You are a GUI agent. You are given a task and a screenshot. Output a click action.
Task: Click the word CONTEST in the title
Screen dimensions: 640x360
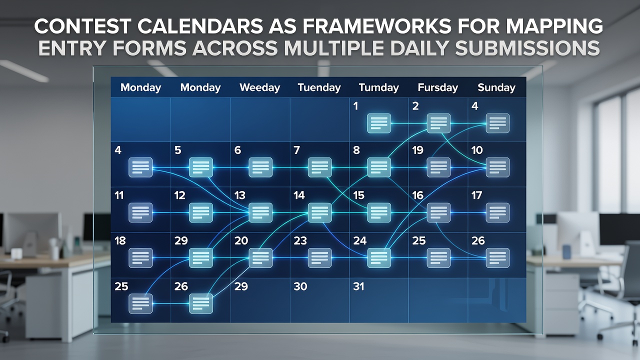pyautogui.click(x=82, y=26)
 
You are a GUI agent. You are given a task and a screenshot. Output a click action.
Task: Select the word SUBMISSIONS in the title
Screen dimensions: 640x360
pyautogui.click(x=527, y=47)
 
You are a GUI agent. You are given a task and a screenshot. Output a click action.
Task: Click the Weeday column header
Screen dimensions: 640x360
pyautogui.click(x=259, y=87)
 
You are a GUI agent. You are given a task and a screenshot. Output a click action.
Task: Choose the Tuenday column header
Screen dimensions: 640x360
pyautogui.click(x=319, y=87)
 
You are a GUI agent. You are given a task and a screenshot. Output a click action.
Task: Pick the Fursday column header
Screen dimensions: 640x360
pyautogui.click(x=437, y=87)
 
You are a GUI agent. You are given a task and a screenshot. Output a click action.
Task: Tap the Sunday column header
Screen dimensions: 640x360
pyautogui.click(x=496, y=87)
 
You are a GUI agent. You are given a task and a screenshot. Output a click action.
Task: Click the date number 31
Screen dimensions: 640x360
pyautogui.click(x=358, y=286)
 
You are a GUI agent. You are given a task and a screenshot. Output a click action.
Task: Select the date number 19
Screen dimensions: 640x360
pyautogui.click(x=417, y=150)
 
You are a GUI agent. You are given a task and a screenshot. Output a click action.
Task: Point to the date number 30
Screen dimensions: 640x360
pyautogui.click(x=300, y=286)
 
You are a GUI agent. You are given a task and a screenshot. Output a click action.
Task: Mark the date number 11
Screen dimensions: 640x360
pyautogui.click(x=119, y=195)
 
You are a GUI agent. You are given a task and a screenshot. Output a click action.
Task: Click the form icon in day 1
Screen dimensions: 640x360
pyautogui.click(x=379, y=123)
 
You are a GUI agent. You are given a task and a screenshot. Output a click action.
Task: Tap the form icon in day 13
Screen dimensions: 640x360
pyautogui.click(x=260, y=212)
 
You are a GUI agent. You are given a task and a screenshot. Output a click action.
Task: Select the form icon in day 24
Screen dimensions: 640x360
pyautogui.click(x=379, y=258)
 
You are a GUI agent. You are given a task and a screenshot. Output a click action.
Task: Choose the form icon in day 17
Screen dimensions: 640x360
pyautogui.click(x=497, y=212)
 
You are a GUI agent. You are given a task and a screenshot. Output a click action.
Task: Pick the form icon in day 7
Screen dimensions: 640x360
pyautogui.click(x=319, y=167)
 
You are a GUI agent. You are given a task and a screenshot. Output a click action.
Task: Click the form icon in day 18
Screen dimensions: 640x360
pyautogui.click(x=140, y=258)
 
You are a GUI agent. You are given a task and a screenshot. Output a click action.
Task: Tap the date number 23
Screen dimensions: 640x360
pyautogui.click(x=300, y=241)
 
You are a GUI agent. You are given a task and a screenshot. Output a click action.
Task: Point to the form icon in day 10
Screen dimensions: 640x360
pyautogui.click(x=497, y=167)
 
